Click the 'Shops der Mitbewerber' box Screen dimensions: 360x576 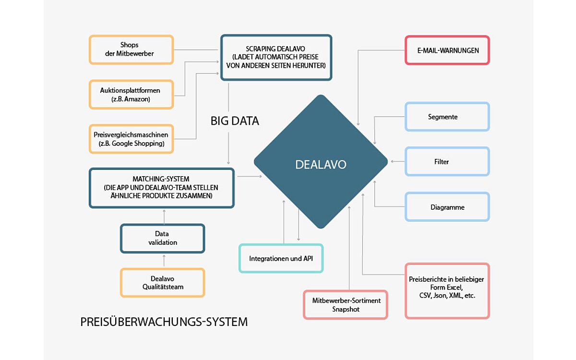coord(131,49)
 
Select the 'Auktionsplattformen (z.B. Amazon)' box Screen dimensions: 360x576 coord(131,94)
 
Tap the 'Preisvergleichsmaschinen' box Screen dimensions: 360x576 coord(131,139)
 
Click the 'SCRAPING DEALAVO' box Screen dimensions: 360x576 coord(276,57)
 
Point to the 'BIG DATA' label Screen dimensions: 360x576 coord(235,121)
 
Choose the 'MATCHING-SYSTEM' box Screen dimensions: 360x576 coord(162,188)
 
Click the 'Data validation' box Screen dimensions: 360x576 coord(162,238)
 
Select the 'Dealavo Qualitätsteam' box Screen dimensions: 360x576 coord(162,282)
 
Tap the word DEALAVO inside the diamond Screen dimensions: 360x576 coord(321,165)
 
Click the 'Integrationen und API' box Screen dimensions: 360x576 coord(281,258)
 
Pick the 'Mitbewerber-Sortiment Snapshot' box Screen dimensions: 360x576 coord(346,304)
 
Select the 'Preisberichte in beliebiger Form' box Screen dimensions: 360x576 coord(447,290)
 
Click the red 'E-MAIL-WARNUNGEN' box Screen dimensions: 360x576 coord(447,50)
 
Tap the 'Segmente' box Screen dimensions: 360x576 coord(447,117)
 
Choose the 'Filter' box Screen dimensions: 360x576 coord(447,162)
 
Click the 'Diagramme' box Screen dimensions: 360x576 coord(447,207)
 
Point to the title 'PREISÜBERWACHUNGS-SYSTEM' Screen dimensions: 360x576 coord(164,322)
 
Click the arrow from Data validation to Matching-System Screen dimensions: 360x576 coord(164,216)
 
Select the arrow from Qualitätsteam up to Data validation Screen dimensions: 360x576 coord(164,261)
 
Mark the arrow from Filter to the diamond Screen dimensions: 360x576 coord(397,162)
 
